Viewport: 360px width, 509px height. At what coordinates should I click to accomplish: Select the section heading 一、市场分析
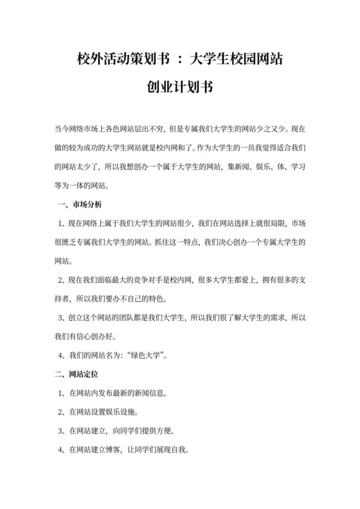(75, 205)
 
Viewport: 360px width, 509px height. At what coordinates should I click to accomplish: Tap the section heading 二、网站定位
(75, 373)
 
